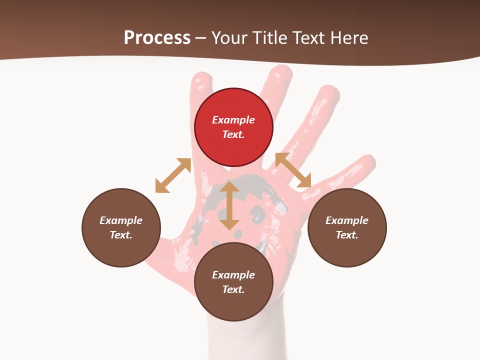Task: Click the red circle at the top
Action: point(233,127)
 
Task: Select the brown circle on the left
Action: point(121,227)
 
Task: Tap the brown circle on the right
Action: point(347,227)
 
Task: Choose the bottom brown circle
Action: point(233,282)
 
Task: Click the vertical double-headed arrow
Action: point(229,205)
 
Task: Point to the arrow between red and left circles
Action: point(173,175)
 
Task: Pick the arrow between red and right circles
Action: point(293,170)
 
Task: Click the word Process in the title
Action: point(157,38)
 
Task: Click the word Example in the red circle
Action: point(233,120)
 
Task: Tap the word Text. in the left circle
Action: point(121,235)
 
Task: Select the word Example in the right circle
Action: point(347,220)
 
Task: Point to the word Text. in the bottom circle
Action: point(233,289)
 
